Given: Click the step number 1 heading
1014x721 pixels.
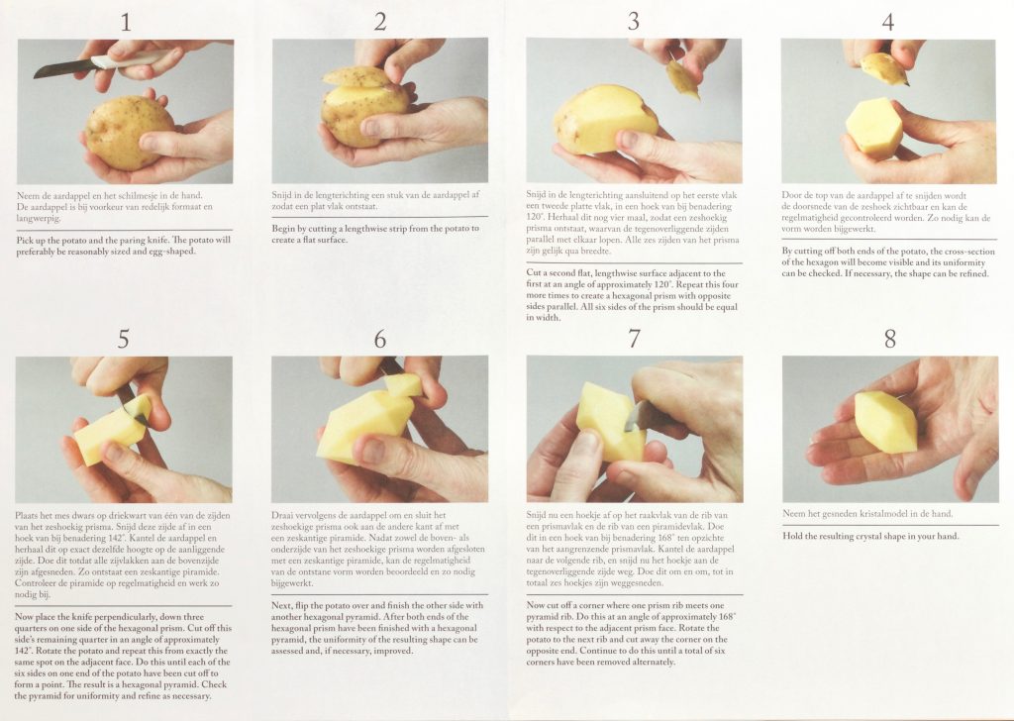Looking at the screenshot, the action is (126, 23).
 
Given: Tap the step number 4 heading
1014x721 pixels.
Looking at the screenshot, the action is (888, 23).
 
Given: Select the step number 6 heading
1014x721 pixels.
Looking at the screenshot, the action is (380, 339).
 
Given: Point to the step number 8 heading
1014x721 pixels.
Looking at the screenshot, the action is (890, 339).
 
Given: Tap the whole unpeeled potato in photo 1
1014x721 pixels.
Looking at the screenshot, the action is (129, 132).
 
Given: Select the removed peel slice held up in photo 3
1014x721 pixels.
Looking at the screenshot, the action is (683, 79).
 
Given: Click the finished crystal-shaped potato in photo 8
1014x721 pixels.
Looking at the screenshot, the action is (885, 421).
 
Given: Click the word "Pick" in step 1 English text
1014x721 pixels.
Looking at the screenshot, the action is (25, 240).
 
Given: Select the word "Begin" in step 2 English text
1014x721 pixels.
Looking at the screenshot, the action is (283, 229).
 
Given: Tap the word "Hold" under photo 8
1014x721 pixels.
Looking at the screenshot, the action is (792, 536).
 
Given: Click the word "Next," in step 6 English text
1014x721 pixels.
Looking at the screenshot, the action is (281, 606).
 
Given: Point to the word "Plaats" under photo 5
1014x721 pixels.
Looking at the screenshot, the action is (26, 515).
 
